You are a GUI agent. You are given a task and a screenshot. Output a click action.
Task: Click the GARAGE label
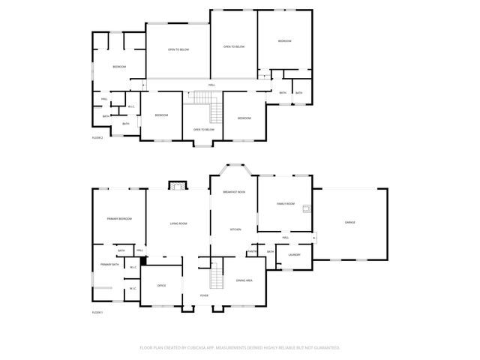[349, 223]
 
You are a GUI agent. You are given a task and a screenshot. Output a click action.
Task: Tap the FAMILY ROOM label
[285, 204]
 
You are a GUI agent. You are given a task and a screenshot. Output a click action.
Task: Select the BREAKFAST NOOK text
[234, 193]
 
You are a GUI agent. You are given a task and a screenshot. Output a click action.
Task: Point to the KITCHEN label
[235, 229]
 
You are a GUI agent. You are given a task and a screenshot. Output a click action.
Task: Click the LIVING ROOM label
[178, 223]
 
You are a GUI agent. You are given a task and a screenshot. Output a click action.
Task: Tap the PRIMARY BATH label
[110, 265]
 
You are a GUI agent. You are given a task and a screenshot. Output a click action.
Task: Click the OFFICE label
[161, 286]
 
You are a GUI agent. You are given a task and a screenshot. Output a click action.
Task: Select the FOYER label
[204, 295]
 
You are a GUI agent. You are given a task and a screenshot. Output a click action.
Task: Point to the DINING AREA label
[244, 280]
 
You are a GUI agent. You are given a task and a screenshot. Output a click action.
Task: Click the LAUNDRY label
[294, 255]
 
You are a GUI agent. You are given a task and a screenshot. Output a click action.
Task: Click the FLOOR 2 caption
[97, 138]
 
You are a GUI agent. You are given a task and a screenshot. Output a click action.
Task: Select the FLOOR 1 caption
[97, 312]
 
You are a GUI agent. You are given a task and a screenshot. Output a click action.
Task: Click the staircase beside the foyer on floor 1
[216, 275]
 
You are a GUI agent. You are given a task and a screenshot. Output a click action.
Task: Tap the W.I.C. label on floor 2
[131, 106]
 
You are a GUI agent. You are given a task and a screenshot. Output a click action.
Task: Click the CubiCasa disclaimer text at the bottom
[240, 347]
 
